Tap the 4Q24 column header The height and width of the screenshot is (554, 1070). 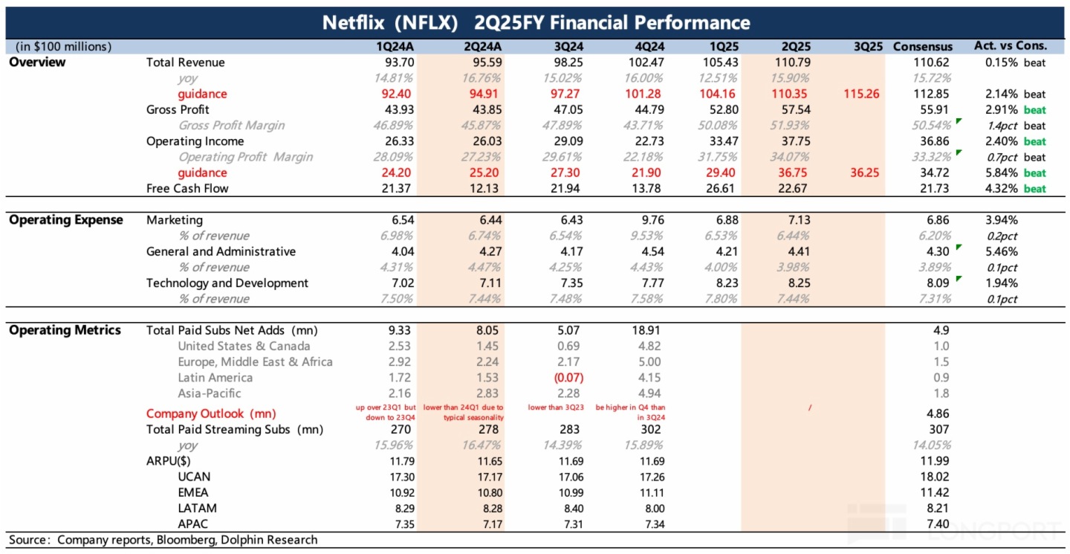point(641,46)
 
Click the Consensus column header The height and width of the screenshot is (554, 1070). point(922,46)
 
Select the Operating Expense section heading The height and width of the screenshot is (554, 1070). point(66,220)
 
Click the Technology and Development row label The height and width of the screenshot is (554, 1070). point(227,283)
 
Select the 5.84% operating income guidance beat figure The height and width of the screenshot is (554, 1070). point(1001,173)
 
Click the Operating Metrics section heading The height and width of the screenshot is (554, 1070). point(65,330)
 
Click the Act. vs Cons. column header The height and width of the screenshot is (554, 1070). point(1010,46)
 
